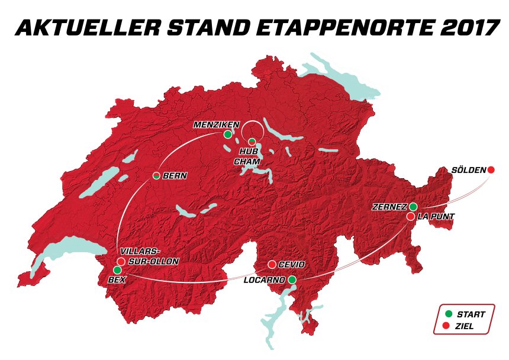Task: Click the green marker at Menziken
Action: tap(228, 134)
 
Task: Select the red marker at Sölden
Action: tap(491, 170)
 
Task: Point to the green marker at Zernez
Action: tap(413, 207)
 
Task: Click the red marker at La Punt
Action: tap(411, 217)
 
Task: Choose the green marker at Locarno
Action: tap(292, 279)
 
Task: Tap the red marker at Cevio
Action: tap(272, 264)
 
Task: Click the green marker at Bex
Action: tap(117, 270)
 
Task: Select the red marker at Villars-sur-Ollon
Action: tap(121, 261)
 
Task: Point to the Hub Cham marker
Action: tap(252, 142)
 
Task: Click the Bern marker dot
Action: tap(156, 175)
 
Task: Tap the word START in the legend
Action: tap(471, 314)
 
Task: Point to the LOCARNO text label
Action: tap(264, 280)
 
